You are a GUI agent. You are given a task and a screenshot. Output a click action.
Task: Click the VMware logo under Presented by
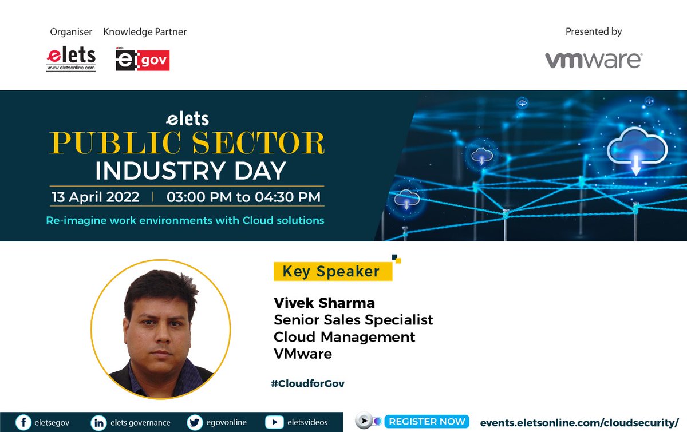(593, 60)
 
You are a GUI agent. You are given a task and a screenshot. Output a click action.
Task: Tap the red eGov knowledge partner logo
(143, 60)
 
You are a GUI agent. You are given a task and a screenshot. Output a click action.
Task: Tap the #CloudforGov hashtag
(307, 383)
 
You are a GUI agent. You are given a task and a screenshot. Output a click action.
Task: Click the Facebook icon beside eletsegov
(23, 422)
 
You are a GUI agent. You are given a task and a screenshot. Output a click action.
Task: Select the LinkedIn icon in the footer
(99, 422)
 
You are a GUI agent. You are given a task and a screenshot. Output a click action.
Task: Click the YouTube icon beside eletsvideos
(275, 422)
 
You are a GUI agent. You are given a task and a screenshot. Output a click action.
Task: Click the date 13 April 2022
(96, 197)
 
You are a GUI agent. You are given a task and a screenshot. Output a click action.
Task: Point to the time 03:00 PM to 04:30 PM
(243, 197)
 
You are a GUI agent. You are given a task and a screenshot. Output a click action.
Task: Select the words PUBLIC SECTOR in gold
(187, 143)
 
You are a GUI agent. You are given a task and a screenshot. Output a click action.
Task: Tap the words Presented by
(593, 32)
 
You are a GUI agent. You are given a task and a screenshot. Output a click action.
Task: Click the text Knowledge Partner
(145, 32)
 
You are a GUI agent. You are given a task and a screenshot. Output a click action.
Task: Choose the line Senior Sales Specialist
(353, 319)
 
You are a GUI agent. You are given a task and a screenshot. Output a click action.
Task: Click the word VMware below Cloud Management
(303, 354)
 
